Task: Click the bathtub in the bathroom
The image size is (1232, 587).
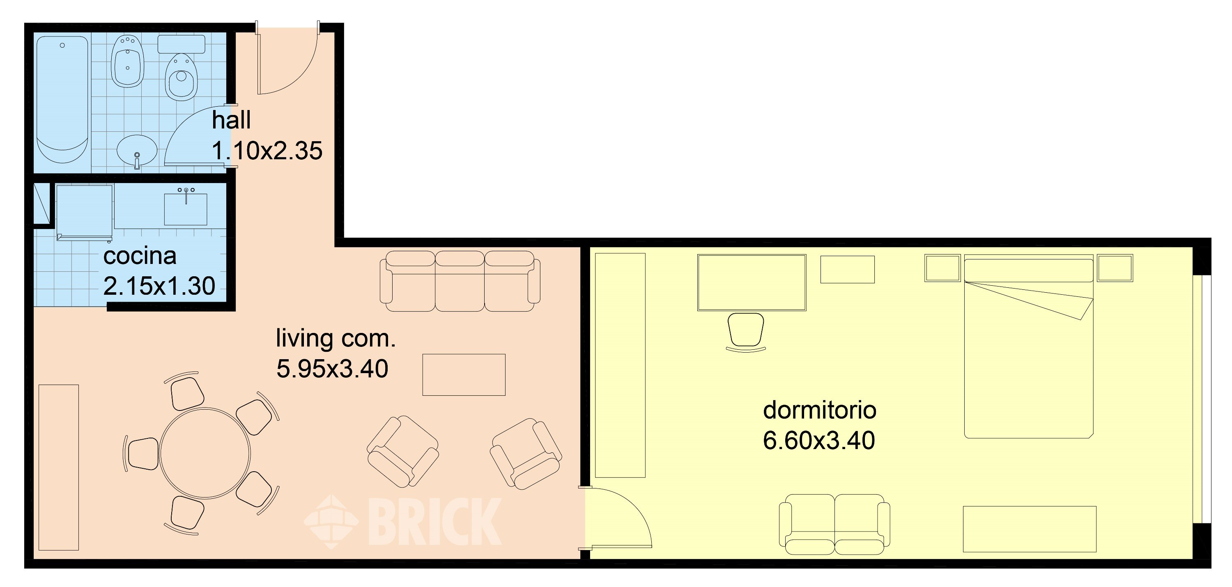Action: [62, 101]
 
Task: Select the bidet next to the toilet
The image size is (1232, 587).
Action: [127, 62]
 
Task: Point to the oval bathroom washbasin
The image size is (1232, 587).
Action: [137, 149]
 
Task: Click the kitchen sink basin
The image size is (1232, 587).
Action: [186, 209]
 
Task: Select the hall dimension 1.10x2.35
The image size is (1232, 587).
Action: [267, 151]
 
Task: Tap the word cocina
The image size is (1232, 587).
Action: [140, 256]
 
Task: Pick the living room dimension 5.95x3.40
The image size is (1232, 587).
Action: [332, 369]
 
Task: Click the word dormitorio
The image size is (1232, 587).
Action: [819, 410]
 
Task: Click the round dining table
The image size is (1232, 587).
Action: [205, 453]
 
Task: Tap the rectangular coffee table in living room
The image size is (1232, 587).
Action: [463, 375]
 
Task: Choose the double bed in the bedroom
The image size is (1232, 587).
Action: [1029, 349]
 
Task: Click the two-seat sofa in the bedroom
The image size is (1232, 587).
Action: [834, 524]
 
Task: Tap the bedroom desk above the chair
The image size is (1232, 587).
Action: [752, 282]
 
